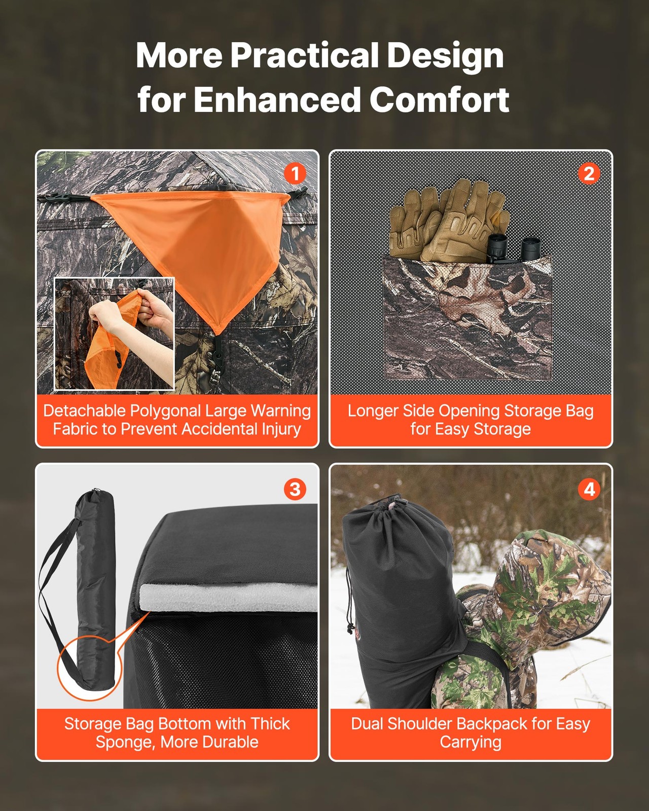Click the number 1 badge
(295, 174)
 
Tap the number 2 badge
(589, 174)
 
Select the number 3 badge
(295, 489)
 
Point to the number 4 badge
(589, 489)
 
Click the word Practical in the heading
(305, 55)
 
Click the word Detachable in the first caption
(84, 411)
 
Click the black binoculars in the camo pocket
(512, 248)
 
